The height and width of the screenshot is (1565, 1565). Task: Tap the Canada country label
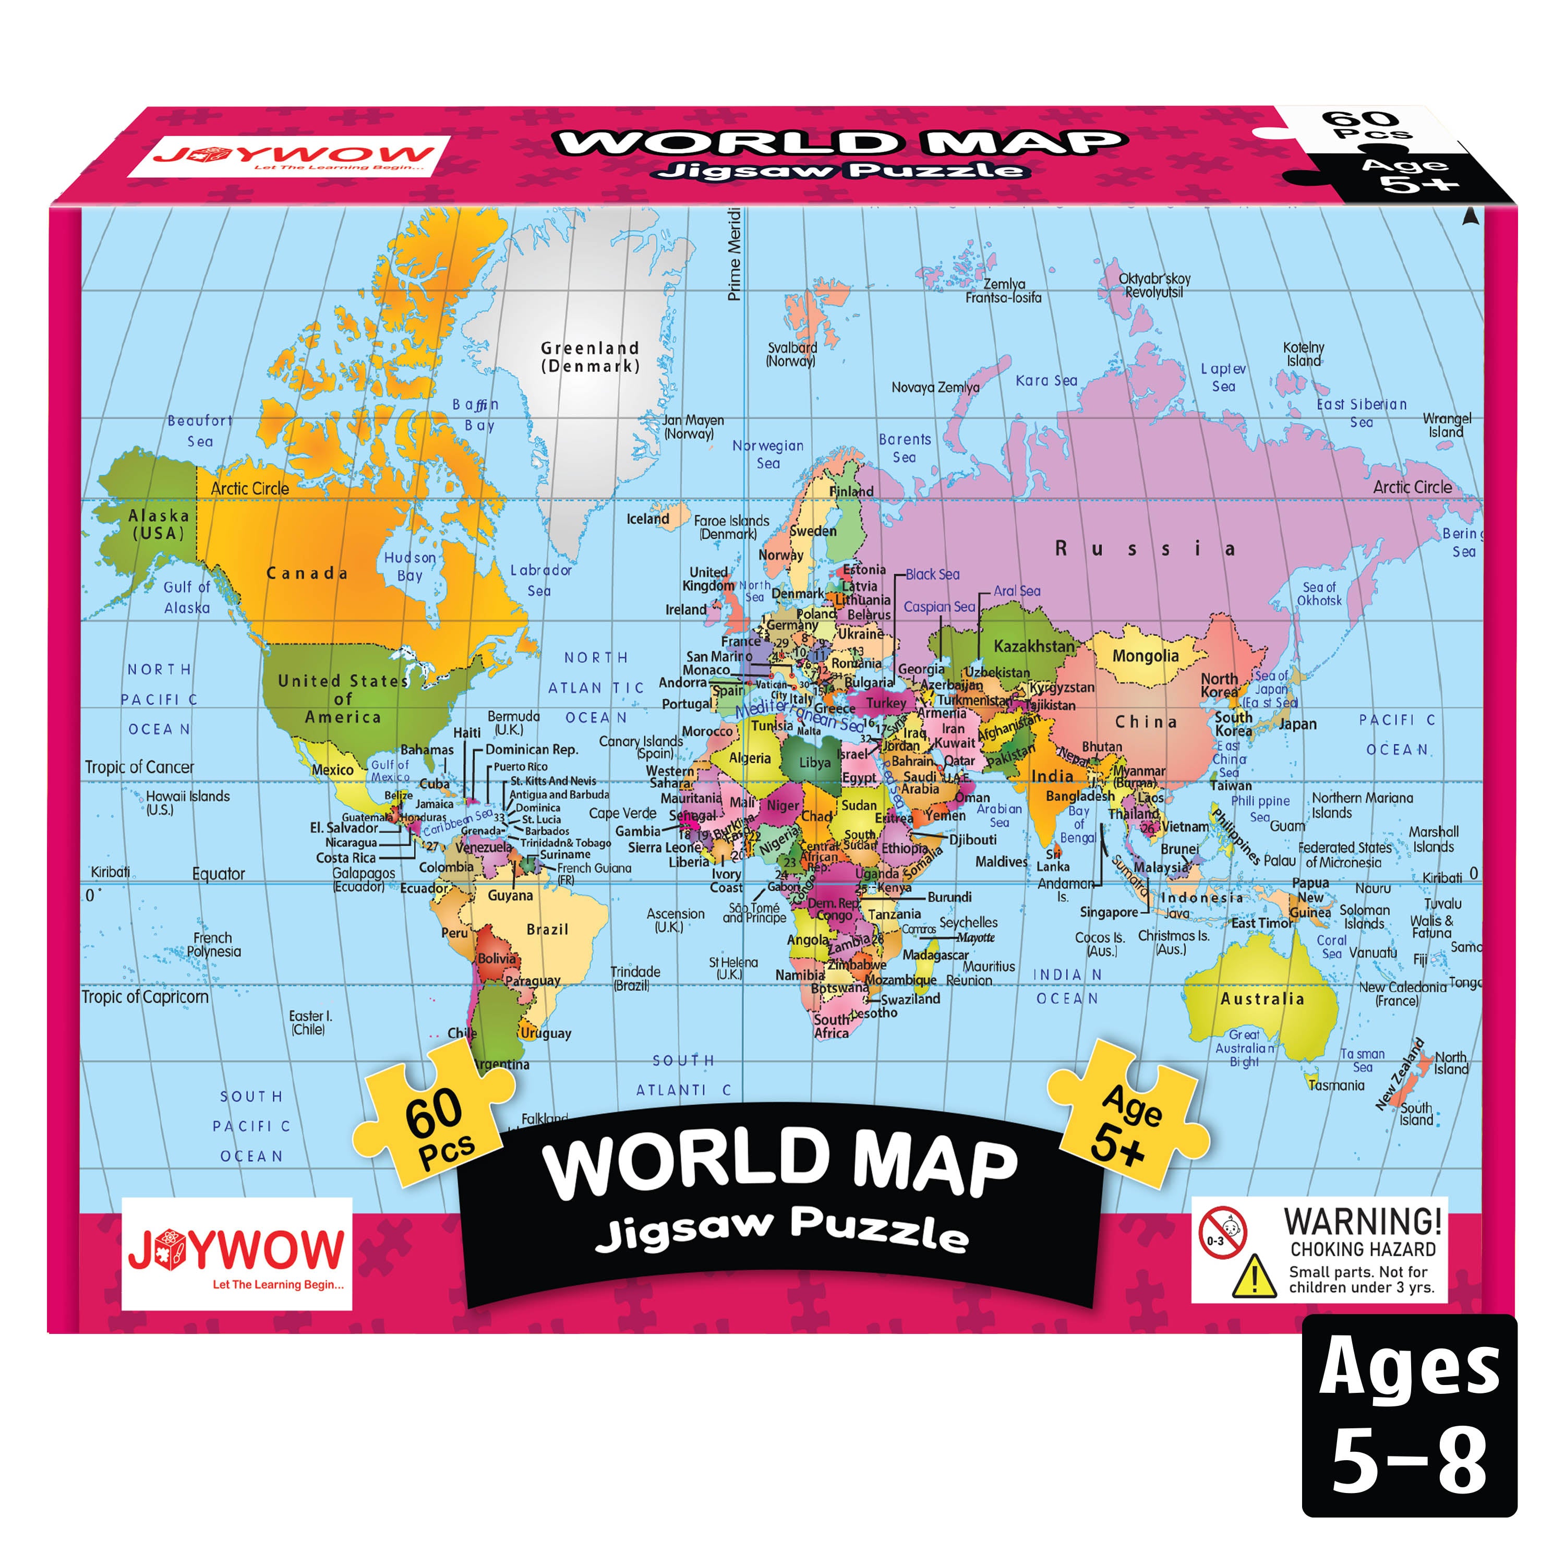(307, 573)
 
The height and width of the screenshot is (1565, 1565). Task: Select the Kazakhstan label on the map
(1033, 646)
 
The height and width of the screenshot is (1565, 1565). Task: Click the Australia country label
(1262, 999)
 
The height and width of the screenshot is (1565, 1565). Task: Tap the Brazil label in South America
(548, 929)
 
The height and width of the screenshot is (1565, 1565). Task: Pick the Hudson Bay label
(410, 566)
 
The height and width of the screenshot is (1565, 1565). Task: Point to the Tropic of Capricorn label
(145, 997)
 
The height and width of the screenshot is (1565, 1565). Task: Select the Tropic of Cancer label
(139, 767)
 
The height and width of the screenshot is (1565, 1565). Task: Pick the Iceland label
(647, 519)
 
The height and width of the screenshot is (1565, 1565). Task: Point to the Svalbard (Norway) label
(791, 354)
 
